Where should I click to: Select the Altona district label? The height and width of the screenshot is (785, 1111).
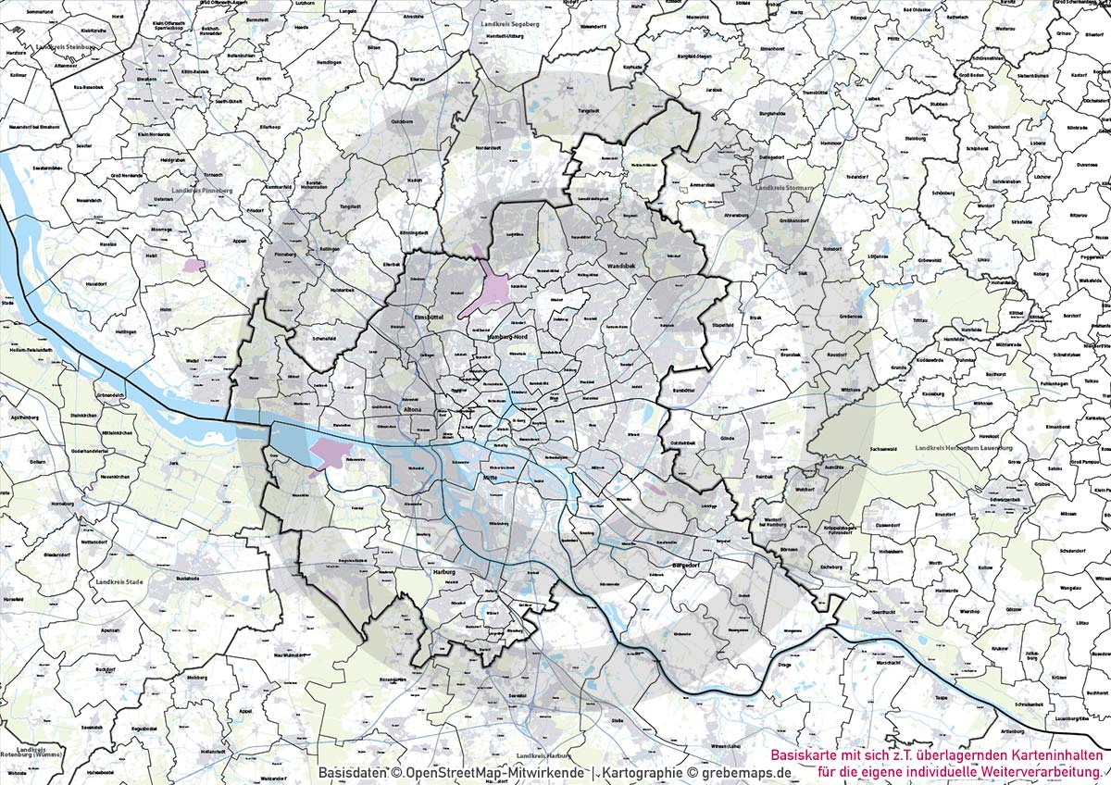coord(412,408)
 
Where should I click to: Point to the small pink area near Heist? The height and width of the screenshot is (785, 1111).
coord(194,265)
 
